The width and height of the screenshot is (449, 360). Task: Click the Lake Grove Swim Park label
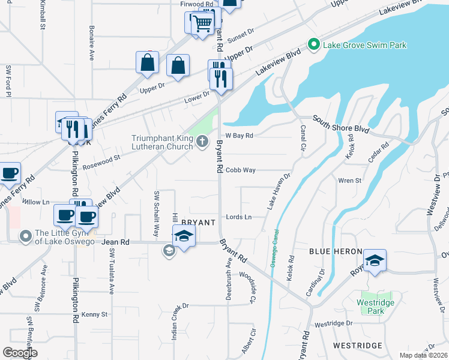(x=364, y=44)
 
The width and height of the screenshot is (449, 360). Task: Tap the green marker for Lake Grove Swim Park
(x=312, y=44)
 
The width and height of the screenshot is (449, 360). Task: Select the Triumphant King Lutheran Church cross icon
(x=202, y=142)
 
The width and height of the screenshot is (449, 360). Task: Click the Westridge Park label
(x=375, y=307)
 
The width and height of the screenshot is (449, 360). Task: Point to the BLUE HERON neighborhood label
(x=336, y=251)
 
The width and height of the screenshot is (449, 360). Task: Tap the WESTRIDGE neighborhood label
(x=358, y=346)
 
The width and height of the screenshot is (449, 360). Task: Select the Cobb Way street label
(x=241, y=170)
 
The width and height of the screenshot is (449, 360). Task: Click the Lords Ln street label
(x=238, y=217)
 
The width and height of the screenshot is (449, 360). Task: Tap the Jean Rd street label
(x=116, y=242)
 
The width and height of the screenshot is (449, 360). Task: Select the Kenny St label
(x=94, y=314)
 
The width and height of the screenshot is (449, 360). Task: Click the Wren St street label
(x=350, y=180)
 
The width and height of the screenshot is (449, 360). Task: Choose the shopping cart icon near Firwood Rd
(x=203, y=23)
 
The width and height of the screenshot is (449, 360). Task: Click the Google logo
(x=20, y=353)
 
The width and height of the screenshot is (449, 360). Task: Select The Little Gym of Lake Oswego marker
(x=25, y=236)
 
